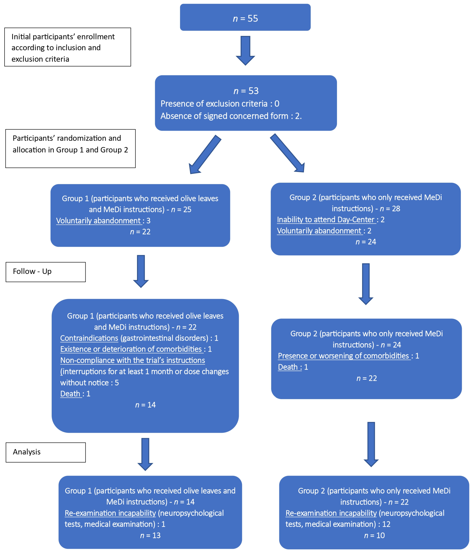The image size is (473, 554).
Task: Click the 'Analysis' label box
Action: click(x=46, y=452)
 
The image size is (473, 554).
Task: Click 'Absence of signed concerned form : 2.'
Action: click(x=231, y=116)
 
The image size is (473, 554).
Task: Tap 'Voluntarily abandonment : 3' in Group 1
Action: click(x=103, y=221)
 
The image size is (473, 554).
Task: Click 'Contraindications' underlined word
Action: click(x=89, y=338)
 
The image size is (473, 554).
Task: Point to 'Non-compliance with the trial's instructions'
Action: click(x=132, y=360)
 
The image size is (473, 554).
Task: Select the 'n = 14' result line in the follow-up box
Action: click(x=145, y=405)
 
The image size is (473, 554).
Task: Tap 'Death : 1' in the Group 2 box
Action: click(x=293, y=367)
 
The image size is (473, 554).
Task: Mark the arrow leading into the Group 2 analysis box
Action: click(x=371, y=444)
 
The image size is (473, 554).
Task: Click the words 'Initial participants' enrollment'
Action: click(x=63, y=37)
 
